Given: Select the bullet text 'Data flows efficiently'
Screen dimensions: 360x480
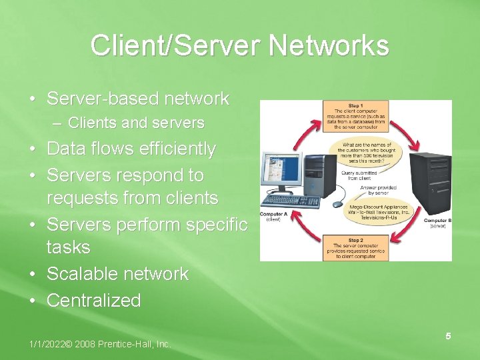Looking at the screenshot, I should click(131, 149).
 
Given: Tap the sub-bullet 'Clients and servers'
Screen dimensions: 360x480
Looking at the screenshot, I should click(136, 123).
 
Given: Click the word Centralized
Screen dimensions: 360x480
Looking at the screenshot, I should click(93, 300).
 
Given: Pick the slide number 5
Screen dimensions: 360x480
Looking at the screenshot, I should click(448, 336).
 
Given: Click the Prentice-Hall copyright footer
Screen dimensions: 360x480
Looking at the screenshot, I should click(100, 344).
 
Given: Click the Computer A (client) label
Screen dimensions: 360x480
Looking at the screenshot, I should click(273, 217).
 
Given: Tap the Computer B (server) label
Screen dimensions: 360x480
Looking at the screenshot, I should click(437, 223).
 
